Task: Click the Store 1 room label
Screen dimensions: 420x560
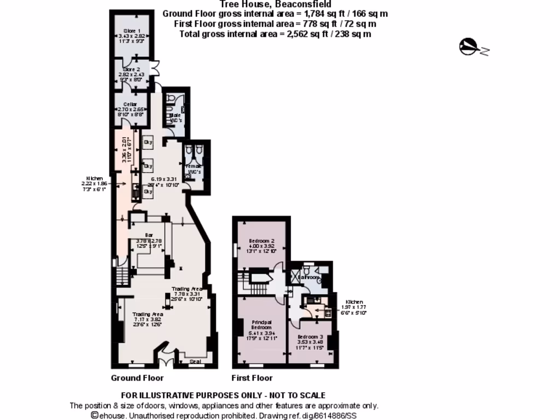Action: (x=132, y=31)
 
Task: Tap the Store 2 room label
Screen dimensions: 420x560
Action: (x=131, y=69)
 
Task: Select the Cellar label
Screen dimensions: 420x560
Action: (x=130, y=104)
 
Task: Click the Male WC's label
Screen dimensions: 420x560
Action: (x=176, y=115)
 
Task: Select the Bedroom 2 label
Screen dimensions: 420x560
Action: (x=261, y=241)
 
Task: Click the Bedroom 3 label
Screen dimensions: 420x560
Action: (x=310, y=337)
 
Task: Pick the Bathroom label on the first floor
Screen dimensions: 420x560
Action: (x=310, y=277)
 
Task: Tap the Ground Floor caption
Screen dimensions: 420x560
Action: (x=137, y=378)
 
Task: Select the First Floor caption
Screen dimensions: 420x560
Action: (x=252, y=378)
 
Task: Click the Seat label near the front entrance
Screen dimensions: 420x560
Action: (x=195, y=361)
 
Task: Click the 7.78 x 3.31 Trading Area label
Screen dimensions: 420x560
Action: (x=187, y=289)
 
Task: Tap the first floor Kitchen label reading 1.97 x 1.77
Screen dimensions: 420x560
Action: (x=354, y=302)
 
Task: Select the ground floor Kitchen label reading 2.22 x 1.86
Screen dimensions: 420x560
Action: (x=93, y=178)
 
